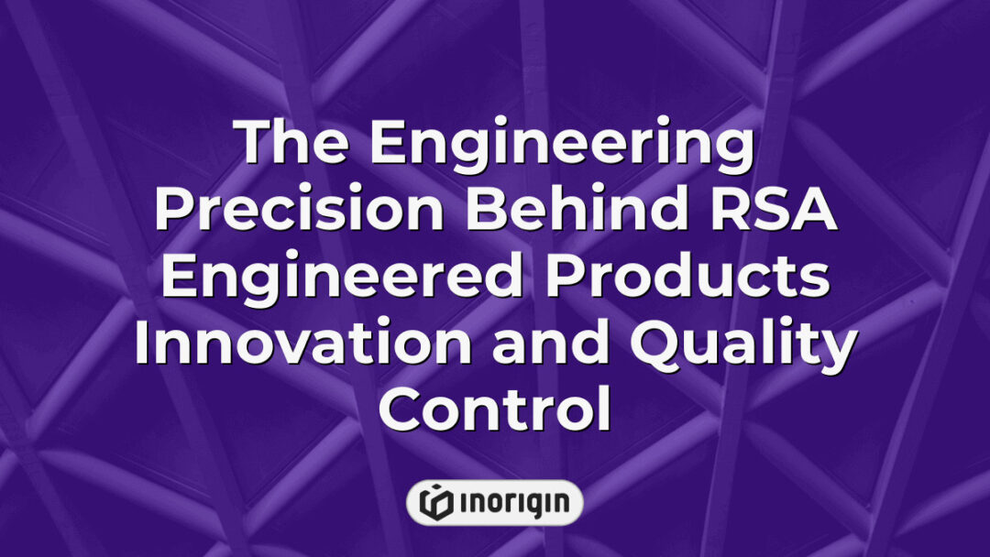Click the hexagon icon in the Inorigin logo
pyautogui.click(x=434, y=502)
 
